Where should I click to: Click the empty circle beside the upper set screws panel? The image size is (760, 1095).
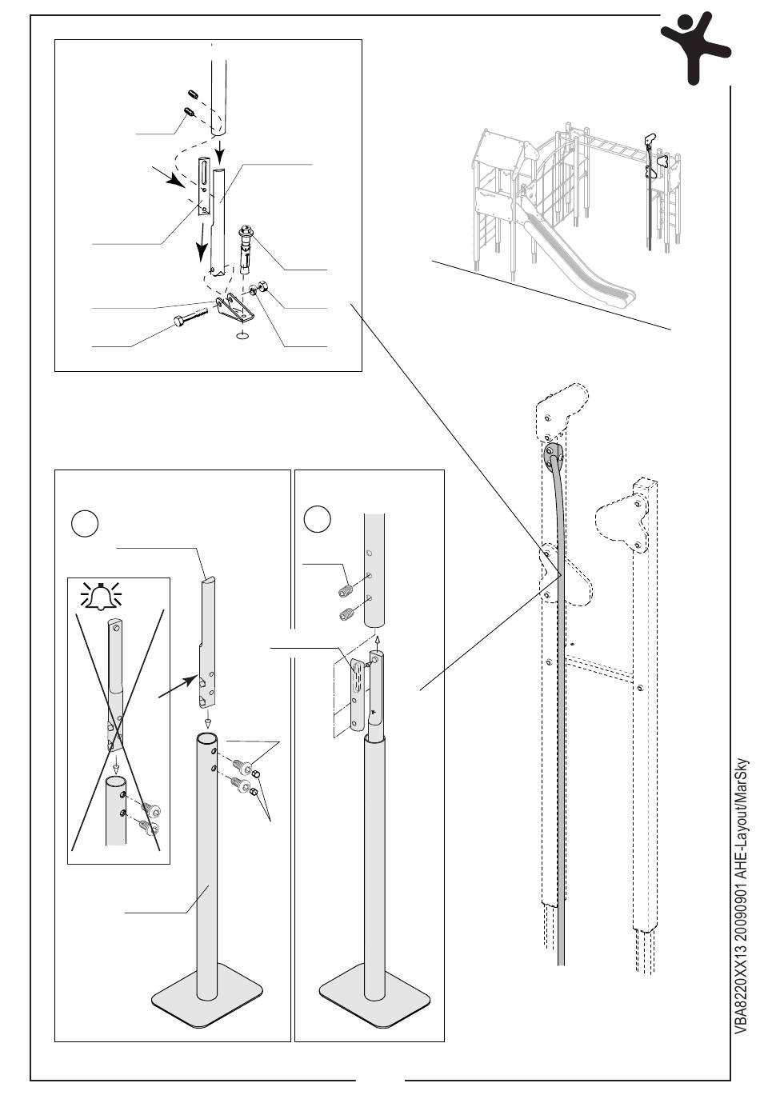coord(318,518)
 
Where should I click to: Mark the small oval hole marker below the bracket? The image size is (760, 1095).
coord(242,337)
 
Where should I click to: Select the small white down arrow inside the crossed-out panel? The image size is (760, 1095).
coord(116,765)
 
